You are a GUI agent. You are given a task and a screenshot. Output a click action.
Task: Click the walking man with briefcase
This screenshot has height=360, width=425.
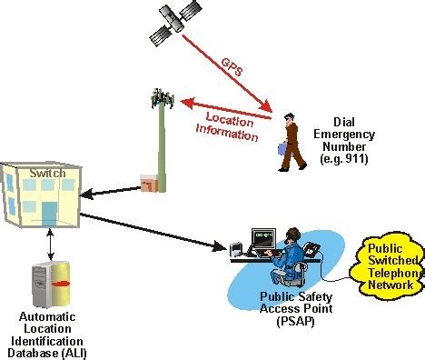pyautogui.click(x=291, y=142)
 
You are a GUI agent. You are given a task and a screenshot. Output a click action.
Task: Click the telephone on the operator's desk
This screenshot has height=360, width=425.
pyautogui.click(x=312, y=247)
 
